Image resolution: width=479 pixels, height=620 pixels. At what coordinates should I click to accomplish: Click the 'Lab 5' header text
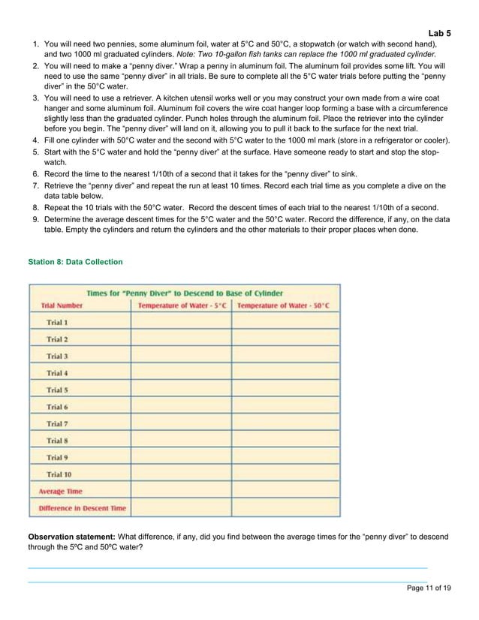439,33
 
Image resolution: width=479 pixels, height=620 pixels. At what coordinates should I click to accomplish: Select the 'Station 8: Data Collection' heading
75,262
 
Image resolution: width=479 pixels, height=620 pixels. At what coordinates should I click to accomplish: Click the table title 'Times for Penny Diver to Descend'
185,293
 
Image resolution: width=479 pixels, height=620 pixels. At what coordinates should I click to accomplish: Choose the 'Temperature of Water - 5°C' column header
182,305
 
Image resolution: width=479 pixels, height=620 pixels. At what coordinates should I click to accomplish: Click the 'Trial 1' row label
57,322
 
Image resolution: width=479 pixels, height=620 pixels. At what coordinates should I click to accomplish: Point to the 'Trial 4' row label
57,373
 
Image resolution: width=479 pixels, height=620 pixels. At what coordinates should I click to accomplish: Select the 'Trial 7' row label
57,424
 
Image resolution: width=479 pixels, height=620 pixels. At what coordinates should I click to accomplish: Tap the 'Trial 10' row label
59,474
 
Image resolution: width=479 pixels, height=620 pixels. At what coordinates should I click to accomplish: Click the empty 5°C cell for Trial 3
181,356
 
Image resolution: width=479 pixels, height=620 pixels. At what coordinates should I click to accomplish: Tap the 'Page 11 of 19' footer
428,588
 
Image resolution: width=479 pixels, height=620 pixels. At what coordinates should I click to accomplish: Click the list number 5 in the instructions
35,152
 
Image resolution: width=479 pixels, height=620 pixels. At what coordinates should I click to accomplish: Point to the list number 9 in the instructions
35,220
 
